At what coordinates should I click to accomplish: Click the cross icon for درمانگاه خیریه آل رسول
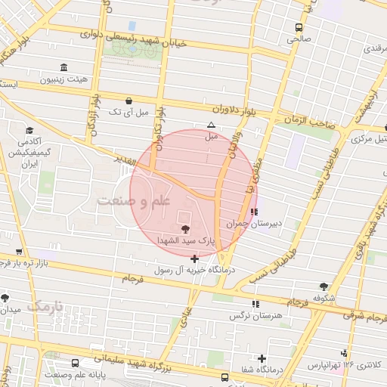195,259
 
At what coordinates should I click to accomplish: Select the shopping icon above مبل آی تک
129,101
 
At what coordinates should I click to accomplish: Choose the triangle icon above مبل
211,125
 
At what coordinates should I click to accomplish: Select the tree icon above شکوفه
324,286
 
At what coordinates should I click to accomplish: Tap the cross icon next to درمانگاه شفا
262,358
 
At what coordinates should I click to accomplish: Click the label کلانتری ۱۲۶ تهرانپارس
345,365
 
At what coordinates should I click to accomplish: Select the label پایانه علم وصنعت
73,375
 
